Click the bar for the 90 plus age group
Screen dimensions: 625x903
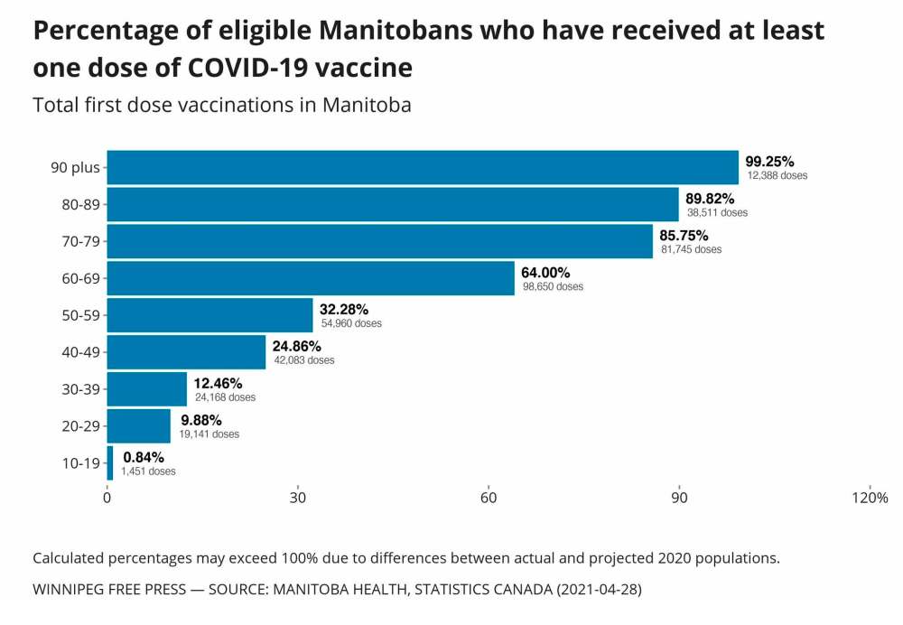click(x=423, y=167)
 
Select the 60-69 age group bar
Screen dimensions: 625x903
click(x=311, y=278)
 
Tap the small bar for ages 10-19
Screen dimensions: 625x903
click(x=110, y=463)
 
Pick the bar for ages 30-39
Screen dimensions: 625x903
click(x=147, y=389)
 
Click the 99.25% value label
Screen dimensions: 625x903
click(x=769, y=161)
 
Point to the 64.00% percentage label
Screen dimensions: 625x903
click(x=545, y=272)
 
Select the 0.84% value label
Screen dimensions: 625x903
click(x=144, y=457)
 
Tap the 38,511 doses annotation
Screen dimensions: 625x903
click(x=718, y=212)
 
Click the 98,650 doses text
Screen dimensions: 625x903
click(x=553, y=286)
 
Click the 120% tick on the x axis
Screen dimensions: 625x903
click(x=870, y=498)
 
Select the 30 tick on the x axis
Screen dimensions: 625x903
click(x=298, y=498)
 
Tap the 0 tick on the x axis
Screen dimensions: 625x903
click(x=107, y=498)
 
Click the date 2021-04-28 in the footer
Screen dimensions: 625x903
click(x=596, y=589)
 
